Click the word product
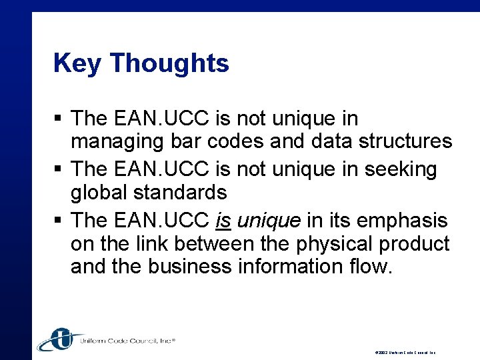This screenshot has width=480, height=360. [415, 244]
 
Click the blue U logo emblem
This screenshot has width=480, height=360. [61, 339]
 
